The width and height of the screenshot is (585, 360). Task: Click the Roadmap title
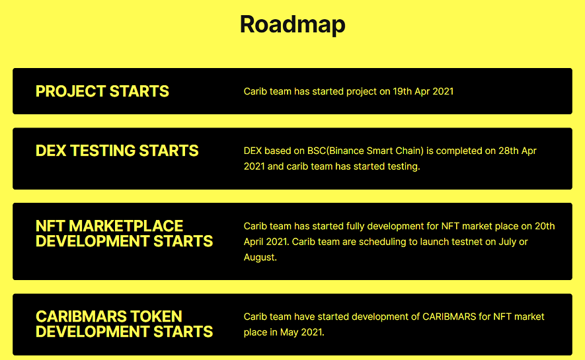click(x=292, y=24)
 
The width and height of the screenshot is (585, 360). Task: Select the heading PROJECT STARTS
click(x=102, y=91)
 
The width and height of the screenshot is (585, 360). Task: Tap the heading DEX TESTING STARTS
click(x=117, y=151)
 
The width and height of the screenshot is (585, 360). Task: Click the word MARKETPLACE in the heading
click(x=126, y=226)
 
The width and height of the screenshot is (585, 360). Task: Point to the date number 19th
click(x=402, y=91)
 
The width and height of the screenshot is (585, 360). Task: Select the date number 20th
click(x=545, y=226)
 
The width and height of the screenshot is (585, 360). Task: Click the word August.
click(x=260, y=258)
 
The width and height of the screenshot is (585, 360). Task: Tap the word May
click(x=289, y=332)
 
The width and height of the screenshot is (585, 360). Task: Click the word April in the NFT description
click(x=253, y=242)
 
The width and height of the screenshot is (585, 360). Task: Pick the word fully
click(x=354, y=227)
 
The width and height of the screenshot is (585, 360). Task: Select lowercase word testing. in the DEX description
click(x=404, y=167)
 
